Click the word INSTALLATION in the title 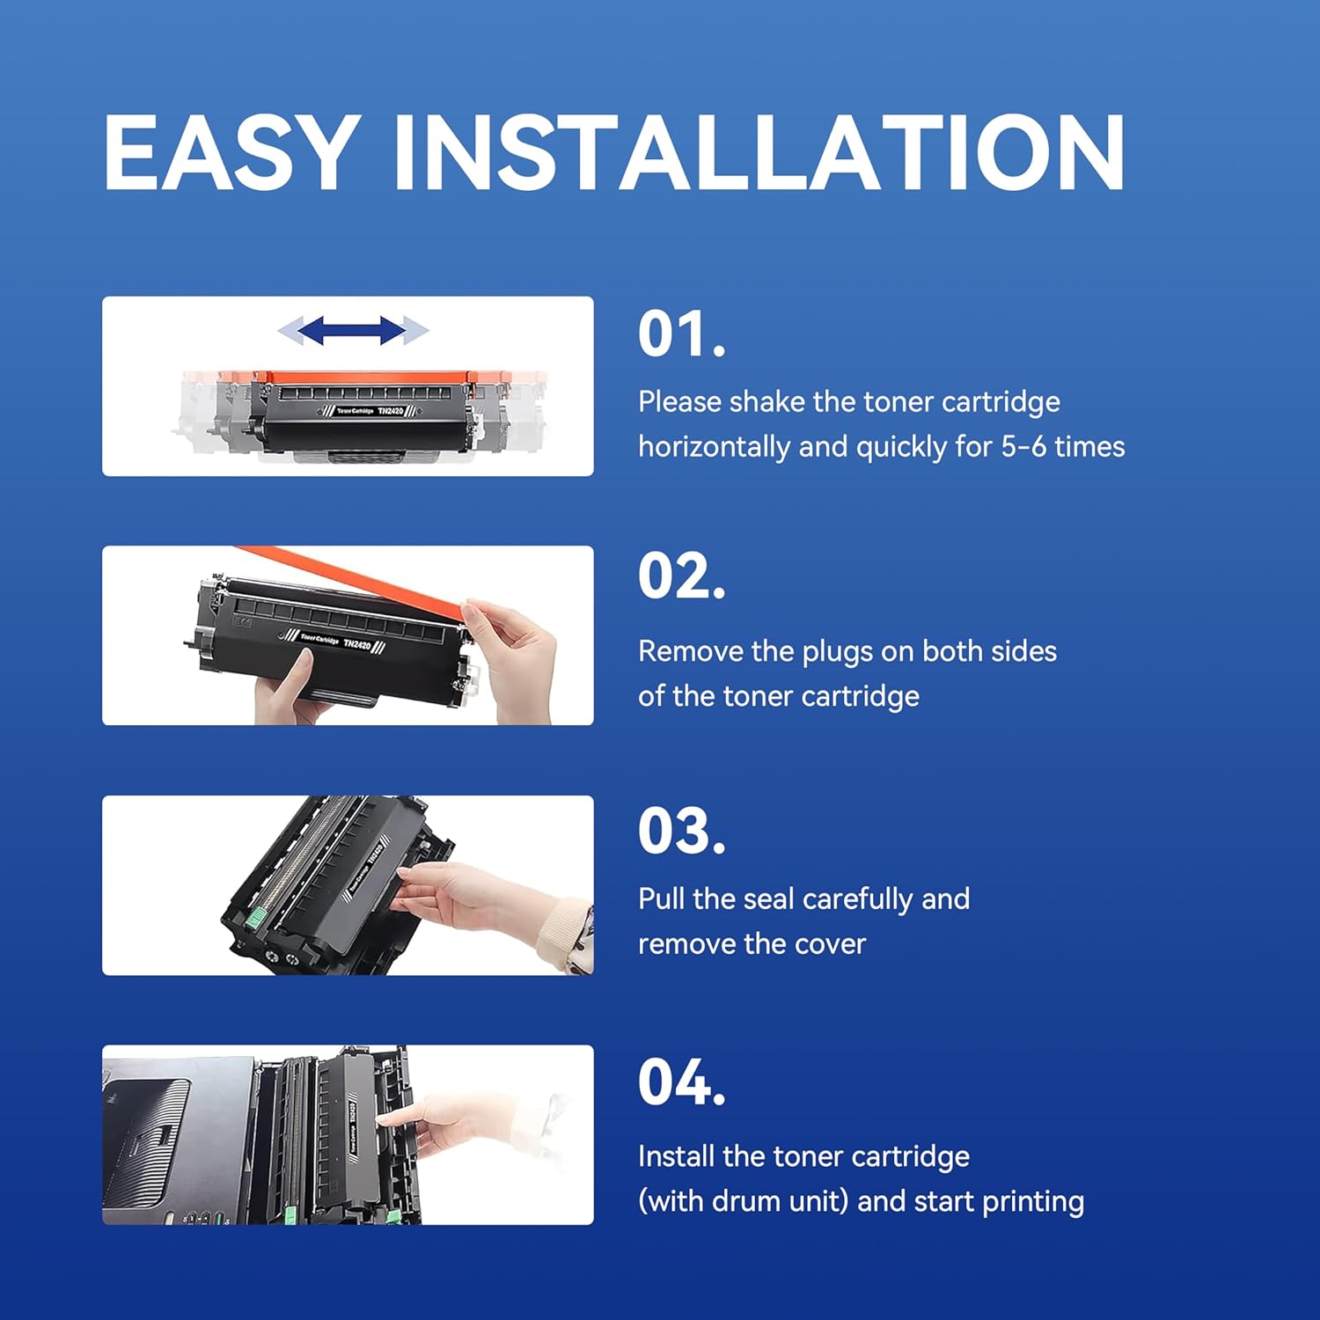[x=759, y=153]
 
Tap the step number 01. [x=682, y=334]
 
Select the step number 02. [x=682, y=577]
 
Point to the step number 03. [x=682, y=831]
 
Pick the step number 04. [x=682, y=1082]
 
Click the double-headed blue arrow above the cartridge [x=352, y=331]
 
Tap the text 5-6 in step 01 [x=1023, y=447]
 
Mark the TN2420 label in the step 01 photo [x=391, y=411]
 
